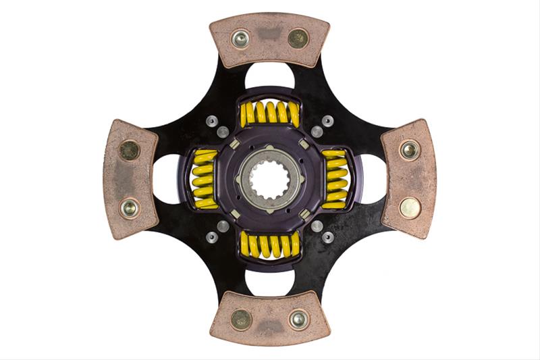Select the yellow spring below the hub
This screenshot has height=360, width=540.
[x=269, y=245]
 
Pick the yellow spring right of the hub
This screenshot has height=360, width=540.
[x=335, y=179]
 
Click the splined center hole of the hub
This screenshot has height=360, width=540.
[x=269, y=179]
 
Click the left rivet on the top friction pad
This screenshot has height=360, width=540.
[x=240, y=38]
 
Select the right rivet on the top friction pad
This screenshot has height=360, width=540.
[x=298, y=38]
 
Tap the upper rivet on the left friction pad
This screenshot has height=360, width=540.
[x=129, y=150]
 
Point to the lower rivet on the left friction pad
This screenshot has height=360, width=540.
[x=129, y=207]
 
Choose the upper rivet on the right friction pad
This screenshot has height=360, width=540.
[x=410, y=150]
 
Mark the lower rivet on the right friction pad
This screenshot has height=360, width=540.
[x=410, y=207]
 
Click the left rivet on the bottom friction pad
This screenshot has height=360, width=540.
[x=240, y=319]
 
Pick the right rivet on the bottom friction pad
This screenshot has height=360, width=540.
[x=298, y=319]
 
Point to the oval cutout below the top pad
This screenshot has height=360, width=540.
[x=269, y=75]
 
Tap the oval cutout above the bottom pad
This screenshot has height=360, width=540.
[x=269, y=283]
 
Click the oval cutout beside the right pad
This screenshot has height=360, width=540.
[x=372, y=179]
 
